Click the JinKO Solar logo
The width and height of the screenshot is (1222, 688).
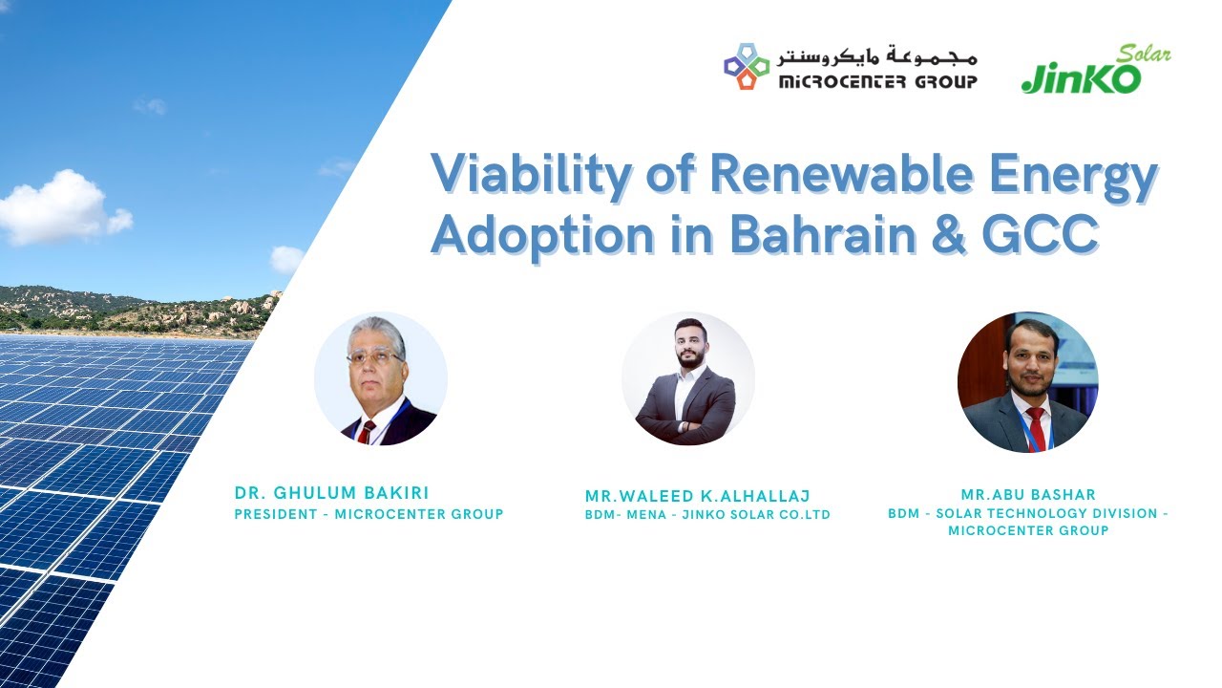click(x=1094, y=71)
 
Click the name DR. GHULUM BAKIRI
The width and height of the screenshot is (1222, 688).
click(x=331, y=493)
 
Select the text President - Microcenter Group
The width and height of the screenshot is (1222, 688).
click(x=369, y=515)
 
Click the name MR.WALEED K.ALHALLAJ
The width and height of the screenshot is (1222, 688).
click(x=697, y=495)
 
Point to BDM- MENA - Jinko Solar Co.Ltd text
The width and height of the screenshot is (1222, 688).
click(x=707, y=515)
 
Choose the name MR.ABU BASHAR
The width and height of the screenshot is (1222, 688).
click(x=1028, y=494)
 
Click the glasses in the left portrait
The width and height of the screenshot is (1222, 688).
click(x=374, y=357)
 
